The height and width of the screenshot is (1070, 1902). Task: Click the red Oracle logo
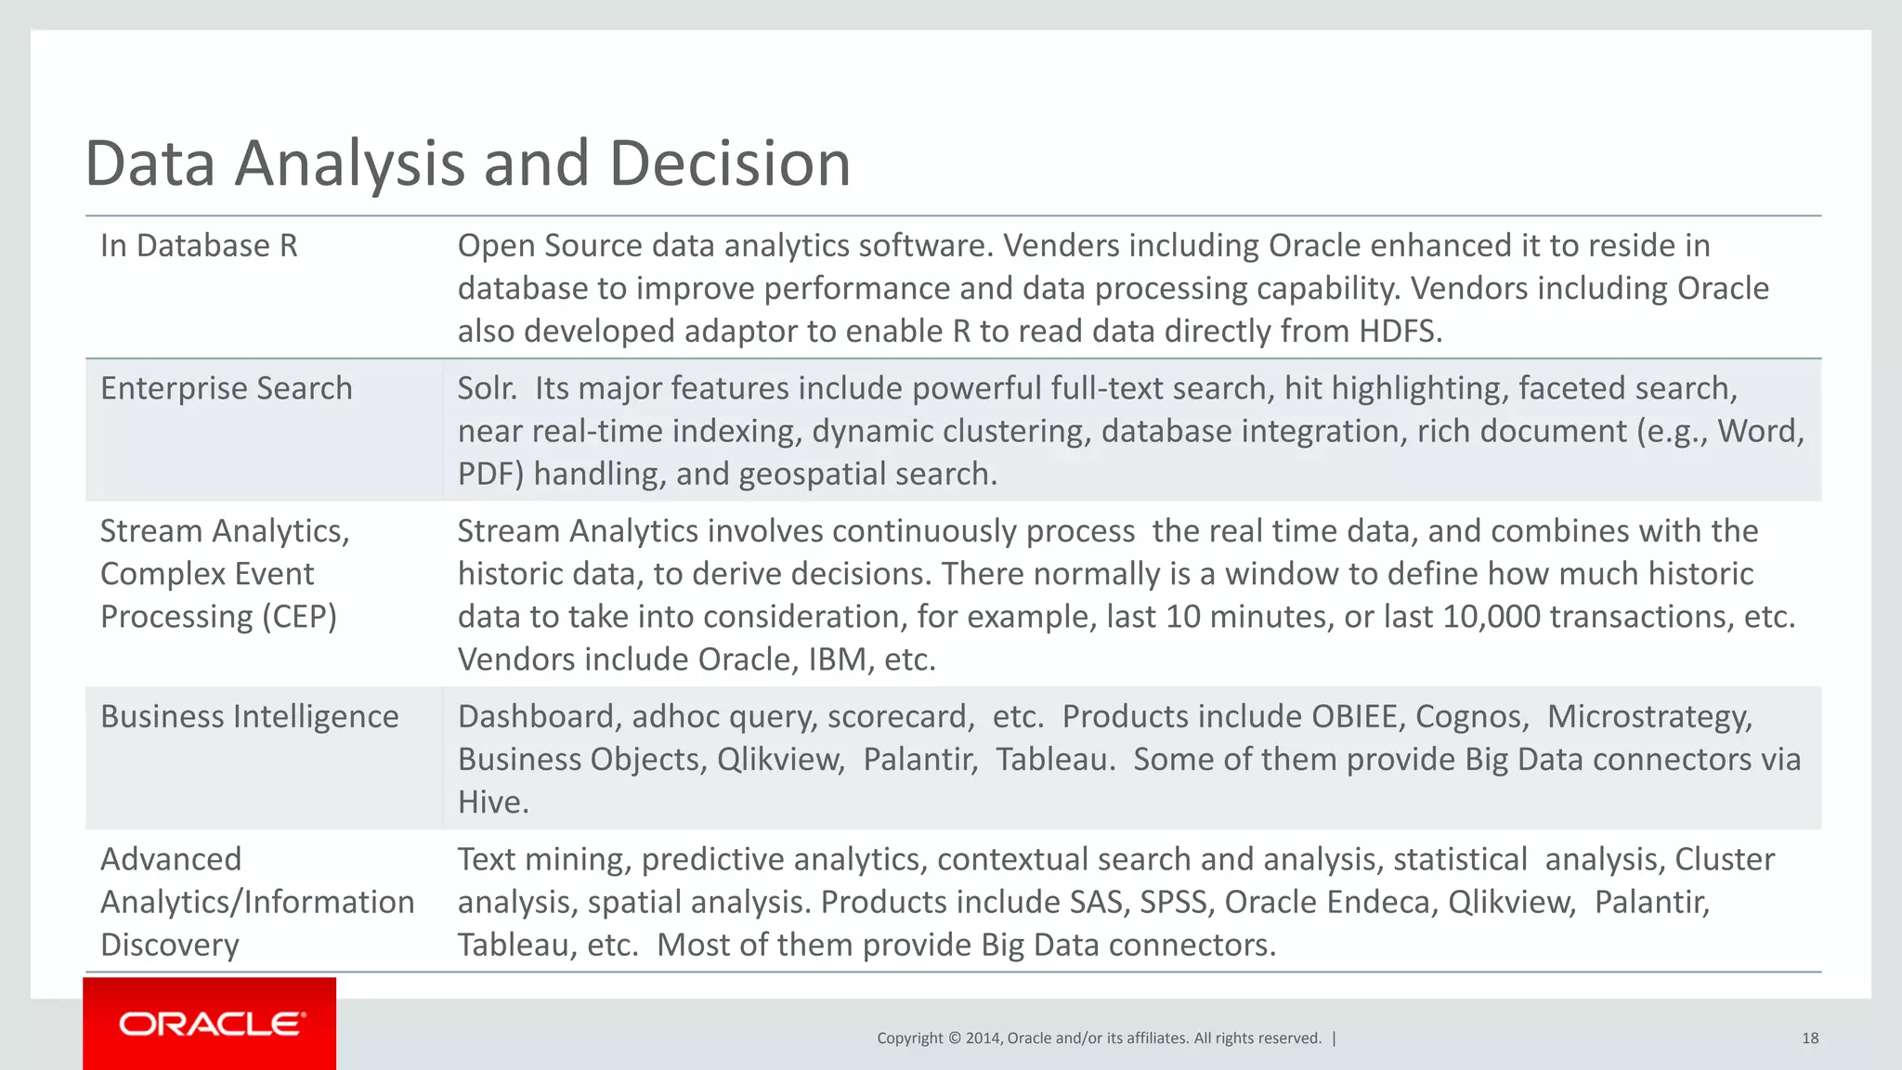point(210,1024)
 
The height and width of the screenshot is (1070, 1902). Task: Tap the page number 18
point(1809,1038)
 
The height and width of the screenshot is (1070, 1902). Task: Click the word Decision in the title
point(730,163)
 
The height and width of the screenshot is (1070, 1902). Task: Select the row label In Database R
point(199,246)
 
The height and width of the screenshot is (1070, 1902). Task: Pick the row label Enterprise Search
point(227,388)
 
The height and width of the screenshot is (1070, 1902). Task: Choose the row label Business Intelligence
point(249,717)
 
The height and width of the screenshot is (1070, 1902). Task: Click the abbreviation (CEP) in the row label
point(299,617)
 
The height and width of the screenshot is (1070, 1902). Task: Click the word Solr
point(487,388)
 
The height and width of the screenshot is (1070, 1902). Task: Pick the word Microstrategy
point(1649,717)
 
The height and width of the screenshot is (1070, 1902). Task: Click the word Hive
point(492,802)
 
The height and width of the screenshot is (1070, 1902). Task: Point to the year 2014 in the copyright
point(983,1038)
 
